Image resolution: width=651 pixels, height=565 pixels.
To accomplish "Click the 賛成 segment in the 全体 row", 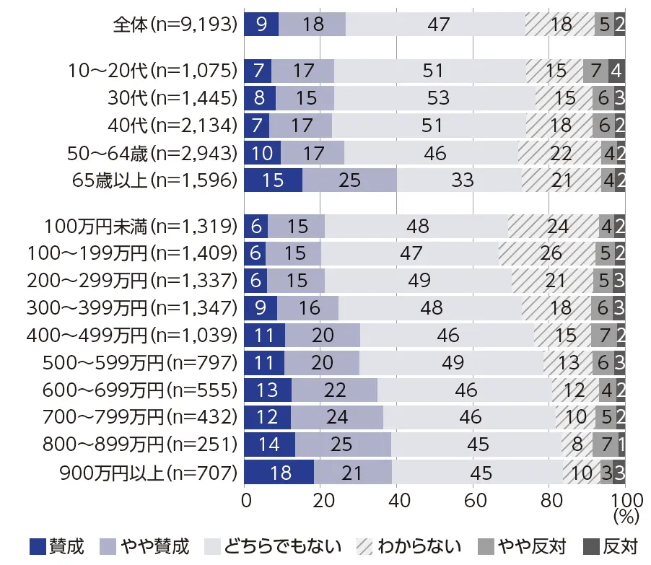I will tap(261, 24).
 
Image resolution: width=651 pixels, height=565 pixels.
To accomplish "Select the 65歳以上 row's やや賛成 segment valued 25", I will tap(349, 179).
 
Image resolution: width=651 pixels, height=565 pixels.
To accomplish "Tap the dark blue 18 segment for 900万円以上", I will tap(279, 473).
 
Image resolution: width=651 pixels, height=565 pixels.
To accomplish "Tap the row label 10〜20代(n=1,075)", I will tap(152, 71).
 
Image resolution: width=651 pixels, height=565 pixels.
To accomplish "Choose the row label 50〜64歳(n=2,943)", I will tap(151, 152).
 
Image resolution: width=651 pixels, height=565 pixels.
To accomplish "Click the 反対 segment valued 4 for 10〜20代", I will tap(617, 71).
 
